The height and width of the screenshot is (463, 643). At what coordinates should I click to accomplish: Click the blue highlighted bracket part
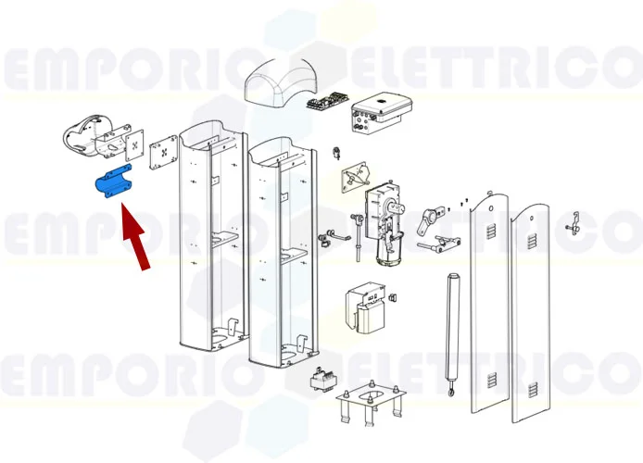coord(112,182)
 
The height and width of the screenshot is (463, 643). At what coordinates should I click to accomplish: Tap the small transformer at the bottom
coord(321,382)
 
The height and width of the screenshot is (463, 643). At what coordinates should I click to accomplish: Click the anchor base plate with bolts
coord(372,406)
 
